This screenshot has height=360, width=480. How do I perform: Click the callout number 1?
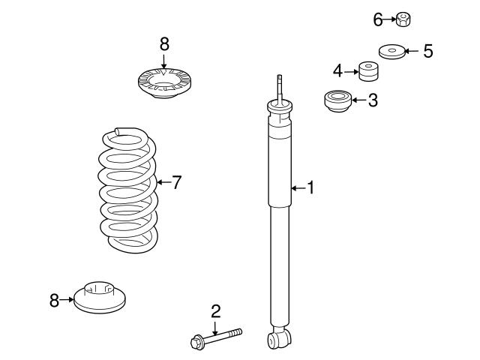tap(310, 187)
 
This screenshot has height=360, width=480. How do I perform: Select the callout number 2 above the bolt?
tap(215, 310)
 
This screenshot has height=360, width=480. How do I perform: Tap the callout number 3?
tap(373, 100)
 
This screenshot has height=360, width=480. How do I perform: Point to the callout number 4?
tap(338, 71)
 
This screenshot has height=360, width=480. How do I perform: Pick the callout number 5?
tap(427, 51)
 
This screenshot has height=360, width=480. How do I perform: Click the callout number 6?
tap(379, 19)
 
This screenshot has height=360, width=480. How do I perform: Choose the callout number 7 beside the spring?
tap(176, 181)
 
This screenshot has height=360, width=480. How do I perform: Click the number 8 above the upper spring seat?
tap(164, 43)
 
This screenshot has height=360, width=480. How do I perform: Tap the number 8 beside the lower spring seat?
tap(54, 301)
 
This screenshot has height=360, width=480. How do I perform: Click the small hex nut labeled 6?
tap(403, 19)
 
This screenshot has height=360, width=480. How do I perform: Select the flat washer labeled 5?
tap(391, 52)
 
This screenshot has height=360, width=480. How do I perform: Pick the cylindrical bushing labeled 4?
tap(367, 71)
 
